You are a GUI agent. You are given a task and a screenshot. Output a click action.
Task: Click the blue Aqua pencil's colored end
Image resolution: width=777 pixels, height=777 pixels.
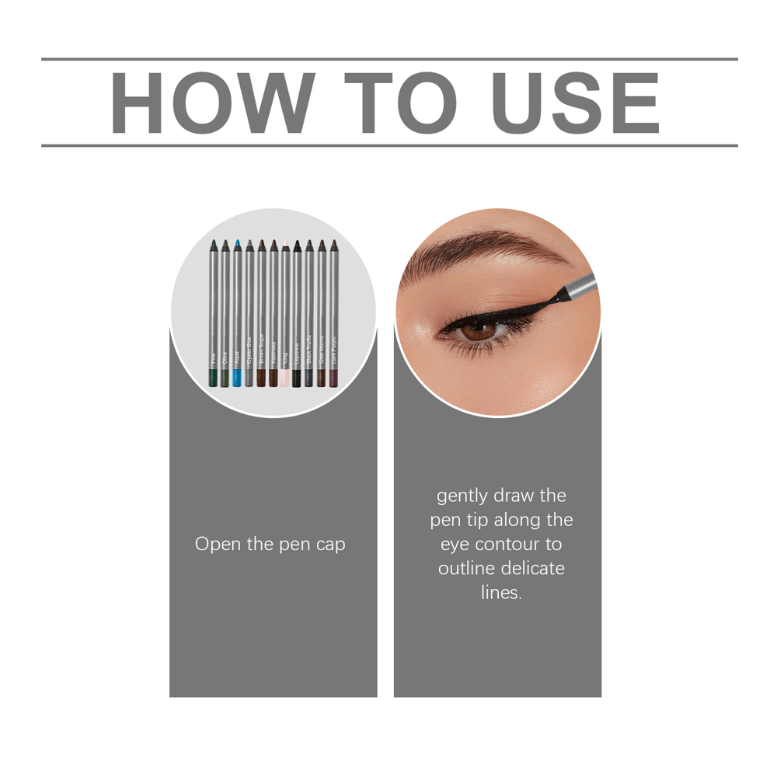tap(238, 378)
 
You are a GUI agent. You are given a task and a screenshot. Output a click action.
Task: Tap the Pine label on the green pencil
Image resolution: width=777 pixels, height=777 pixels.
tap(214, 358)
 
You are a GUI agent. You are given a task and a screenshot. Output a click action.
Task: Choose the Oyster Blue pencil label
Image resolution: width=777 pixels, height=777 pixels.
tap(249, 351)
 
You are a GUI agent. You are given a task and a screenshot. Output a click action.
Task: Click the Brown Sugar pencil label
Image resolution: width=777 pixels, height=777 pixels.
tap(262, 350)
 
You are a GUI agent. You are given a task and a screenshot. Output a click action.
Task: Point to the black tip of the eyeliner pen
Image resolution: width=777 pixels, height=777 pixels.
tap(561, 294)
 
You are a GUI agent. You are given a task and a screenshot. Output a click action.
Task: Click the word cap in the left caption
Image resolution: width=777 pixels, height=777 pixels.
tap(330, 545)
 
